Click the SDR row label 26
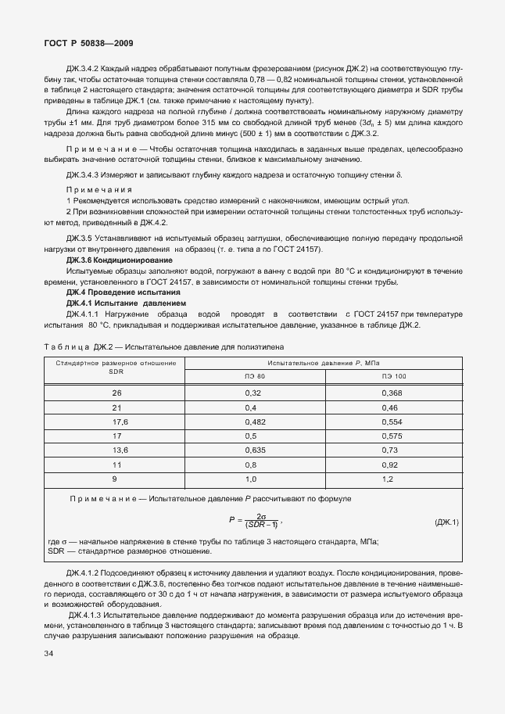click(116, 392)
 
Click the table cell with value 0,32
click(252, 392)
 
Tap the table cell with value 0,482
click(256, 421)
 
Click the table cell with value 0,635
click(256, 450)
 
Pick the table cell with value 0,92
click(389, 465)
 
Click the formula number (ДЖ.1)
click(446, 522)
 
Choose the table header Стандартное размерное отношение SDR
click(116, 368)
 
